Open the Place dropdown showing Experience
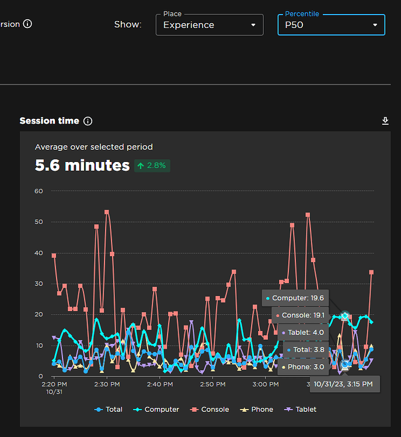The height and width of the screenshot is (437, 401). [x=209, y=25]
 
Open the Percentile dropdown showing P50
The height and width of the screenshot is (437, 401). [x=331, y=25]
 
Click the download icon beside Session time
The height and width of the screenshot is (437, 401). [x=385, y=121]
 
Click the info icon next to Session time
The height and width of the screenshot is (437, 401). [x=88, y=121]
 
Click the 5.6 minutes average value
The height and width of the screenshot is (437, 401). [x=82, y=165]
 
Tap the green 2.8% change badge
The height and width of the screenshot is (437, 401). [x=152, y=165]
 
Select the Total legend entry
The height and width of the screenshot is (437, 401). [x=109, y=410]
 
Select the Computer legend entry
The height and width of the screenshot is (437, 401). [x=156, y=410]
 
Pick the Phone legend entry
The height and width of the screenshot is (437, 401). [x=256, y=410]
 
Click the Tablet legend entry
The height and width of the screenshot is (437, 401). [x=301, y=410]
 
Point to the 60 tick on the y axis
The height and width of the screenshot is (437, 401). [x=39, y=191]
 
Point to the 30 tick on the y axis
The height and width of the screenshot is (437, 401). [x=39, y=284]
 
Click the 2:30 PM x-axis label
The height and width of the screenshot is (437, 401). [x=106, y=385]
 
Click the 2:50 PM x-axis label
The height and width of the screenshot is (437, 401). [x=212, y=385]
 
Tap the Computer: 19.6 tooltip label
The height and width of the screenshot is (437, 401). [x=295, y=298]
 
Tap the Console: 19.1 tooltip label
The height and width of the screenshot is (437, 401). [x=300, y=315]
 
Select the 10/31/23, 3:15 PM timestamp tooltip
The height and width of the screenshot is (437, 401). [x=343, y=384]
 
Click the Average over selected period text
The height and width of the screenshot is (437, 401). [x=93, y=147]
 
